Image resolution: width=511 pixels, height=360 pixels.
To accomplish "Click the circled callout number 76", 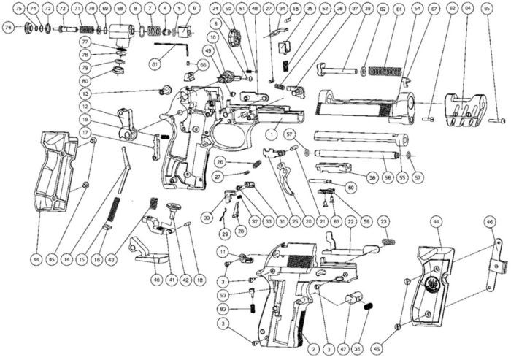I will pos(9,27).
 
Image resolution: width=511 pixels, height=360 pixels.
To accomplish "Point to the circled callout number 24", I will pos(215,9).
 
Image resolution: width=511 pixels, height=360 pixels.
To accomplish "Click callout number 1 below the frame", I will pos(270,135).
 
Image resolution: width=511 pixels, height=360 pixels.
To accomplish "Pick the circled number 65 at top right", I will pos(487,9).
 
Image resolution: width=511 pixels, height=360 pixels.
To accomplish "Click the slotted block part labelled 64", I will pos(466,106).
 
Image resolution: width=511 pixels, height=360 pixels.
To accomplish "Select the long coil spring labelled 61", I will pos(383,71).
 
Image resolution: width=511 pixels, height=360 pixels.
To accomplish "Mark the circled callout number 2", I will pos(313,350).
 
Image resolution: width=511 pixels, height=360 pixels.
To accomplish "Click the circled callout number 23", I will pos(384,220).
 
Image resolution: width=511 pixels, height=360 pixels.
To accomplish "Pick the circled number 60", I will pos(351,188).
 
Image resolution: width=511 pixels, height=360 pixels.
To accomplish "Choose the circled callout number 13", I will pos(86,94).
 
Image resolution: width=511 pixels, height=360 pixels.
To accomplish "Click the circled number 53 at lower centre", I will pos(223,294).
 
